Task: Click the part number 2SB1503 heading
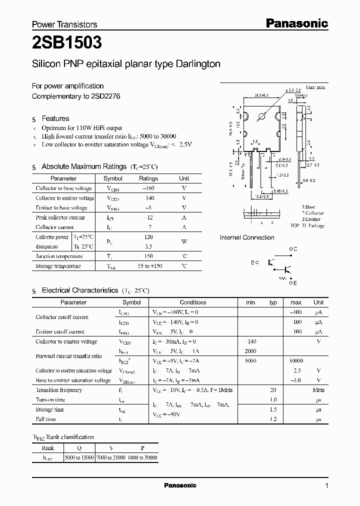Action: [67, 43]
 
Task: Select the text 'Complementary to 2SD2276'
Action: [76, 96]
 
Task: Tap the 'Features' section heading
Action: [55, 118]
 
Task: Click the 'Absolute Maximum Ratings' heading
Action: [83, 166]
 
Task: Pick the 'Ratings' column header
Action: [148, 178]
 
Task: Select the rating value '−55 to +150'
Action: [148, 266]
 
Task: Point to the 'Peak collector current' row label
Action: [60, 217]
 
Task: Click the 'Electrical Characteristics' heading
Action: [79, 290]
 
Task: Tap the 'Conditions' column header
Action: [193, 302]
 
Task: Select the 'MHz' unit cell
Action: [318, 390]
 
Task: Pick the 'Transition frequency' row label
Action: [59, 390]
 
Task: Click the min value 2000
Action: [250, 351]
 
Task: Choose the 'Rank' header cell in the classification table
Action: [48, 448]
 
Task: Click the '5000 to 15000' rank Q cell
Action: [80, 457]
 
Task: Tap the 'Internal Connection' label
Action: [247, 237]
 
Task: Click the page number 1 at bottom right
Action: [326, 486]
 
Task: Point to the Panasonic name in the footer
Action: [180, 485]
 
